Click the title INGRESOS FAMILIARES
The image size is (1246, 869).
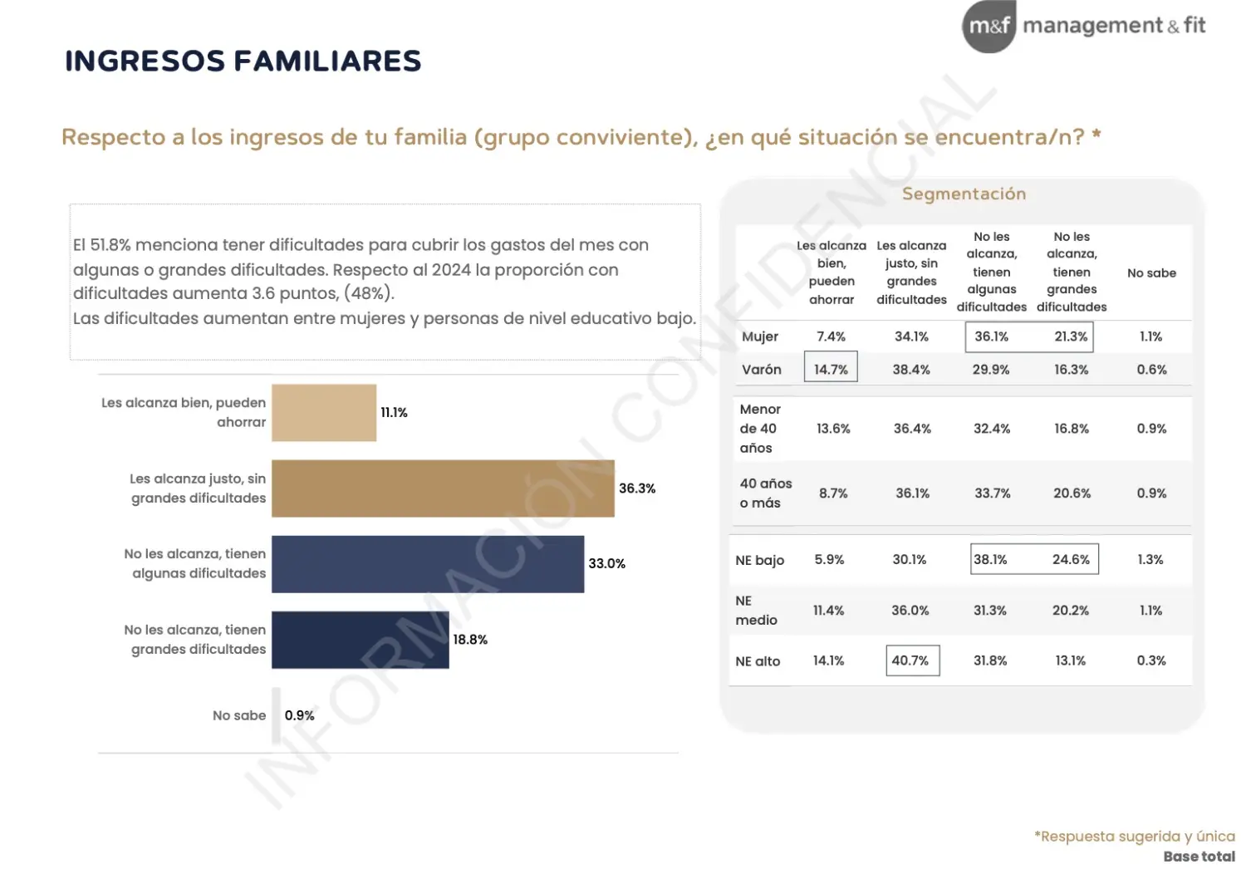(x=243, y=61)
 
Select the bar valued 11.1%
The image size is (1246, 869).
(x=324, y=413)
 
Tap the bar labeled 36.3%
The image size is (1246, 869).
(x=443, y=489)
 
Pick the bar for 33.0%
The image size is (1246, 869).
(x=428, y=564)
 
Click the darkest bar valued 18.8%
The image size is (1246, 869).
(x=361, y=640)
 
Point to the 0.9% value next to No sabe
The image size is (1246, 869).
(x=299, y=715)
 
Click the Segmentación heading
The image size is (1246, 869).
(x=964, y=194)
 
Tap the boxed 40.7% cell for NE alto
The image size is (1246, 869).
(x=913, y=660)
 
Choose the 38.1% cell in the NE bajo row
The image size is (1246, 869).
(x=990, y=559)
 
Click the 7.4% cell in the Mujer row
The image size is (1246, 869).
(x=831, y=336)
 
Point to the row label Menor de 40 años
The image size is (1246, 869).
(x=760, y=429)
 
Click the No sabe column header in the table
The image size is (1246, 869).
(x=1151, y=273)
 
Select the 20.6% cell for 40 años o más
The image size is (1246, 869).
(x=1072, y=493)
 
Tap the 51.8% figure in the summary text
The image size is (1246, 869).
(x=110, y=245)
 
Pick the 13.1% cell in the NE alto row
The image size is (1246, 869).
(x=1070, y=660)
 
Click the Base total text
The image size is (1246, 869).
(x=1199, y=857)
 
